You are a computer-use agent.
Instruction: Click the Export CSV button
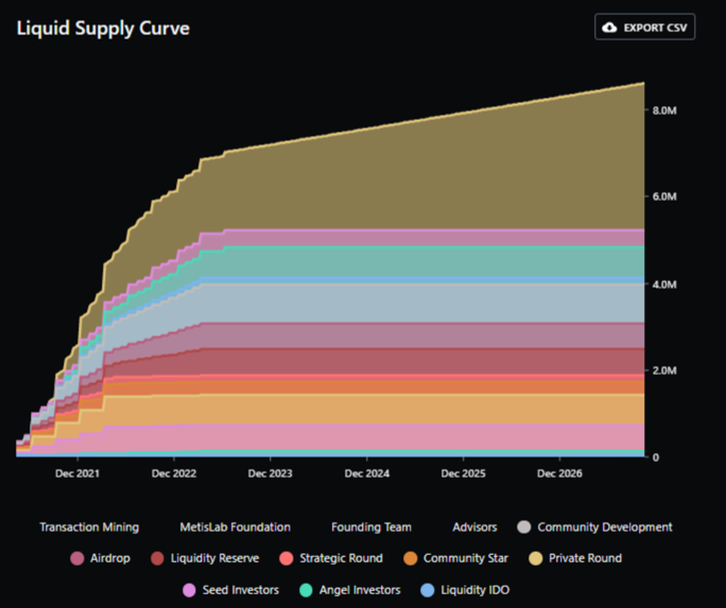tap(645, 27)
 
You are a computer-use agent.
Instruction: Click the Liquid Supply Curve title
tap(102, 28)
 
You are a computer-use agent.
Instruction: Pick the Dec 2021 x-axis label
tap(77, 473)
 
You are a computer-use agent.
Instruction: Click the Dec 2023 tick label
tap(270, 473)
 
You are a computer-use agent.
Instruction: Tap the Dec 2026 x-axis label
tap(559, 473)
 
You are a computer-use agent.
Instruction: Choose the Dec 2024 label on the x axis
tap(366, 473)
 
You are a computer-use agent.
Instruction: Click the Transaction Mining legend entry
tap(89, 527)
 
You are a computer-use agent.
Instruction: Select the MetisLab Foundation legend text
tap(235, 527)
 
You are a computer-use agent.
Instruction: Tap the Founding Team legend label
tap(371, 527)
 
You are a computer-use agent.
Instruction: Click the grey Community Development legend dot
tap(524, 527)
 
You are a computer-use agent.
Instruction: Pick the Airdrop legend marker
tap(77, 558)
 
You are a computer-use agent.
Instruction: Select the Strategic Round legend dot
tap(286, 558)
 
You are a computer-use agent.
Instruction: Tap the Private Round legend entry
tap(584, 558)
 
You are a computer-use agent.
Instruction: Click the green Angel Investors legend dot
tap(306, 590)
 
